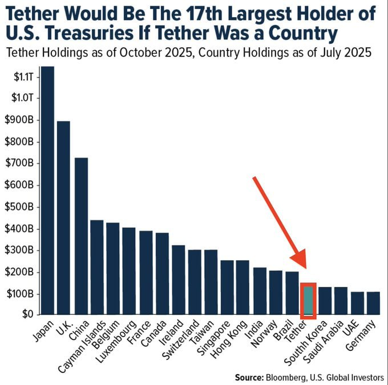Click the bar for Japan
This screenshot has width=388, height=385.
[47, 191]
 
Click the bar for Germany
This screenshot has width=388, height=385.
[373, 303]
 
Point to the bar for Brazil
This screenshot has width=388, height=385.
[292, 293]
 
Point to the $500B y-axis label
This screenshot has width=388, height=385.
[22, 206]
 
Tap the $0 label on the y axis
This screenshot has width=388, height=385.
[28, 314]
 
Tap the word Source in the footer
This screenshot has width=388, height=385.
[249, 377]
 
